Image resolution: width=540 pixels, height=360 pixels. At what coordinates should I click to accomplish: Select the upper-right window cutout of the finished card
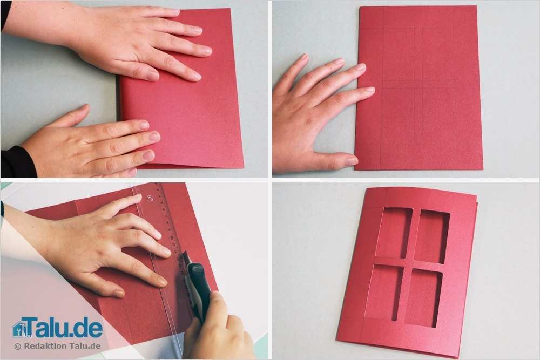(x=432, y=236)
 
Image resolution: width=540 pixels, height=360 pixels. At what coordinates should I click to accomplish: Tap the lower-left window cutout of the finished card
(x=384, y=291)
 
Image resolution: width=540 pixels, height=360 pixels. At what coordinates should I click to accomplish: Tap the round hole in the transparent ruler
(x=150, y=198)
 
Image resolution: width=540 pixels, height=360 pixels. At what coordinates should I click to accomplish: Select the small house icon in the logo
(x=20, y=329)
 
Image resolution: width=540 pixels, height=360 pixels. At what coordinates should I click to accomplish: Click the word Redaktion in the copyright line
(x=43, y=346)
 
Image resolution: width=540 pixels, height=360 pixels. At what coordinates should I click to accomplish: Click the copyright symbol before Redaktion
(x=17, y=346)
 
